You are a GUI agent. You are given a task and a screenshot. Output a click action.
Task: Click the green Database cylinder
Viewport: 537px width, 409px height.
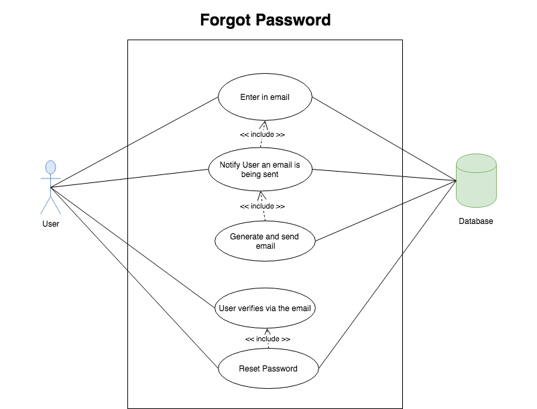point(476,180)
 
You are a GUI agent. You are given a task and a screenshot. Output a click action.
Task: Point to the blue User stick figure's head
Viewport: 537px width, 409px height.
point(51,167)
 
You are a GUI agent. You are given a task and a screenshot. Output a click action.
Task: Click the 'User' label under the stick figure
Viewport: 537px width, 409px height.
point(51,224)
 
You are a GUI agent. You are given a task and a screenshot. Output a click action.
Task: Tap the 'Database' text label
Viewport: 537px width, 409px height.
point(476,221)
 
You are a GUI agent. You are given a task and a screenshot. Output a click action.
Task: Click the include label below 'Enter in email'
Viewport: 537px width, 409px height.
point(262,134)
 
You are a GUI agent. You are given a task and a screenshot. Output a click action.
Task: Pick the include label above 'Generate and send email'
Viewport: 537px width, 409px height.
point(262,207)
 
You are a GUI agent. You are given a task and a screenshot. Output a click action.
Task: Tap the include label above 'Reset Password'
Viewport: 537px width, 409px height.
point(267,339)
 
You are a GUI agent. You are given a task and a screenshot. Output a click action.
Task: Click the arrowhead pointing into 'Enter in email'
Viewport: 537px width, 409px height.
point(264,125)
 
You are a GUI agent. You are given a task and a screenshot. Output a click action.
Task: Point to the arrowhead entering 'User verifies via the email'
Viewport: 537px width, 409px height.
point(267,332)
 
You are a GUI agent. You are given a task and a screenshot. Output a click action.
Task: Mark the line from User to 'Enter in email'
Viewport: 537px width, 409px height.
point(134,142)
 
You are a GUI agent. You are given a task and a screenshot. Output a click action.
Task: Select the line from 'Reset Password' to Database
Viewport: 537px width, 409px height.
point(387,275)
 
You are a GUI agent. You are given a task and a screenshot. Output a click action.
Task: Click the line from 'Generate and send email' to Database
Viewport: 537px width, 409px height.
point(385,211)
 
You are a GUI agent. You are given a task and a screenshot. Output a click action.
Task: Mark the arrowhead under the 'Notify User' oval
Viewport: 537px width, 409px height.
point(261,196)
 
